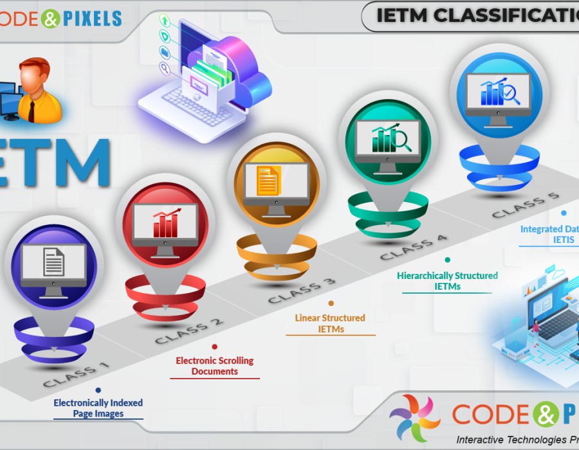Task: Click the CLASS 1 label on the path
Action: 76,375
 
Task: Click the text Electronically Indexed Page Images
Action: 98,408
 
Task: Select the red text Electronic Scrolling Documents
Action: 215,366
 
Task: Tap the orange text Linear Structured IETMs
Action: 330,323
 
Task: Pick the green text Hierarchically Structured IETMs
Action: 447,281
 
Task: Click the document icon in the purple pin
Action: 54,262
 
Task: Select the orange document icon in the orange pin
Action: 269,181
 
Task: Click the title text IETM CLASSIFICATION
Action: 476,15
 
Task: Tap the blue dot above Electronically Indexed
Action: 98,390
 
